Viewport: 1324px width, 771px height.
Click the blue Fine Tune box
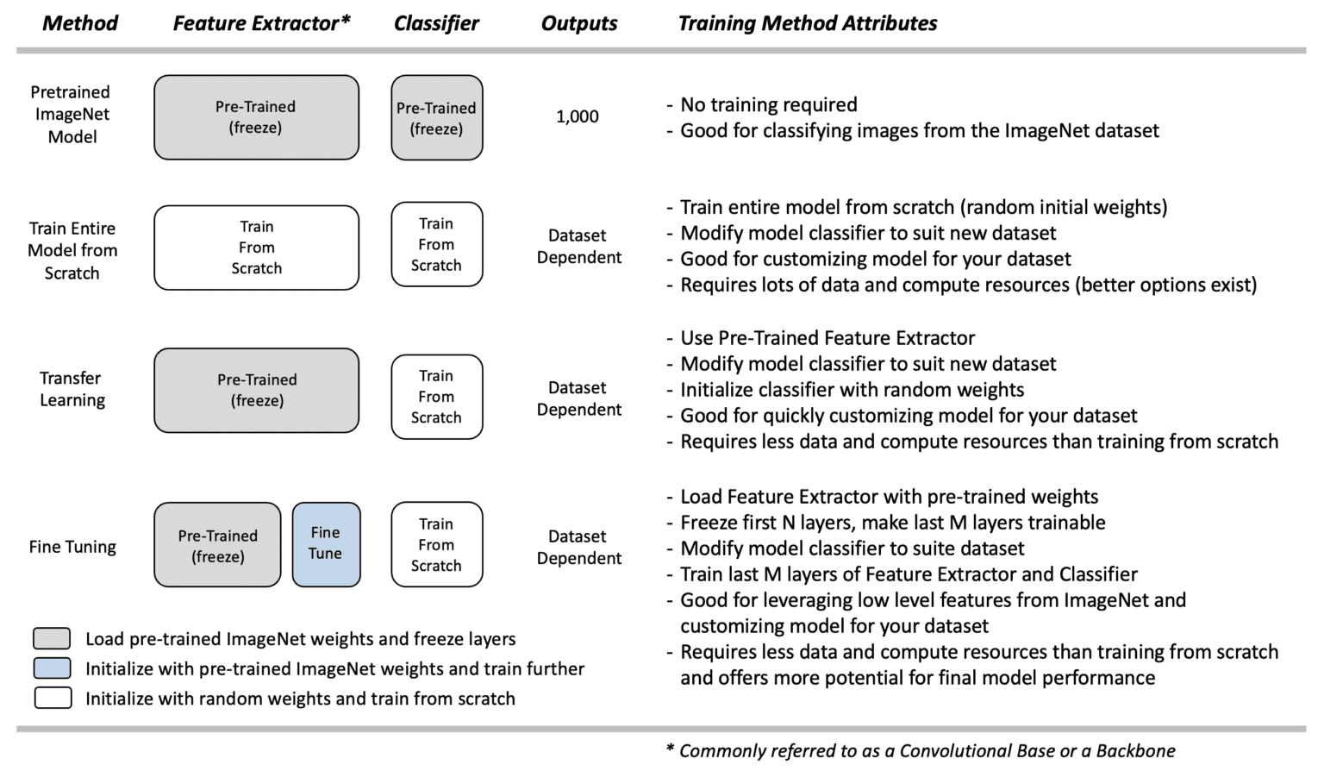[x=326, y=544]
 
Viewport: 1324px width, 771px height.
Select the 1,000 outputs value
[x=578, y=116]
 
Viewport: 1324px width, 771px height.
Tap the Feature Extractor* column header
[x=261, y=23]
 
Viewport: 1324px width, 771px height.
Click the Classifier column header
[x=436, y=23]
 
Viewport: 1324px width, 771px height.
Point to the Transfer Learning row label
[x=72, y=389]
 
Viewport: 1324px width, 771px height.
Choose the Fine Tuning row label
[x=72, y=547]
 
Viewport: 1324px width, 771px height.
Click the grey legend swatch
[x=52, y=638]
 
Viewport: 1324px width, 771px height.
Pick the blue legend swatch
[x=52, y=668]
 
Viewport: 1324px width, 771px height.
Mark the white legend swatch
[x=52, y=698]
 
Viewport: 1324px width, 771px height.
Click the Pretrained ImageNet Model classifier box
[x=436, y=118]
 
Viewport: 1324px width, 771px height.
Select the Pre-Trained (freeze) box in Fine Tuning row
[x=217, y=545]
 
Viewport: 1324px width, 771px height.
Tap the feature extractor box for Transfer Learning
[x=256, y=390]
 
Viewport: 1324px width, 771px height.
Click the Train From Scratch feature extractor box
[x=256, y=248]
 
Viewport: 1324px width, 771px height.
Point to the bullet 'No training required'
[x=768, y=105]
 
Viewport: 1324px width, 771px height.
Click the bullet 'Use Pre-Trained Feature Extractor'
[x=827, y=338]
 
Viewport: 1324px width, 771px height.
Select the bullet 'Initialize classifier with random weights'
[x=852, y=390]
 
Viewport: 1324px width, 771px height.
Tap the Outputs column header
[x=579, y=23]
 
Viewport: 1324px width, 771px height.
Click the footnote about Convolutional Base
[x=921, y=751]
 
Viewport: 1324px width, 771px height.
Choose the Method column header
[x=80, y=23]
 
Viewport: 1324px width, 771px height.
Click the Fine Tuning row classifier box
[x=436, y=544]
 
